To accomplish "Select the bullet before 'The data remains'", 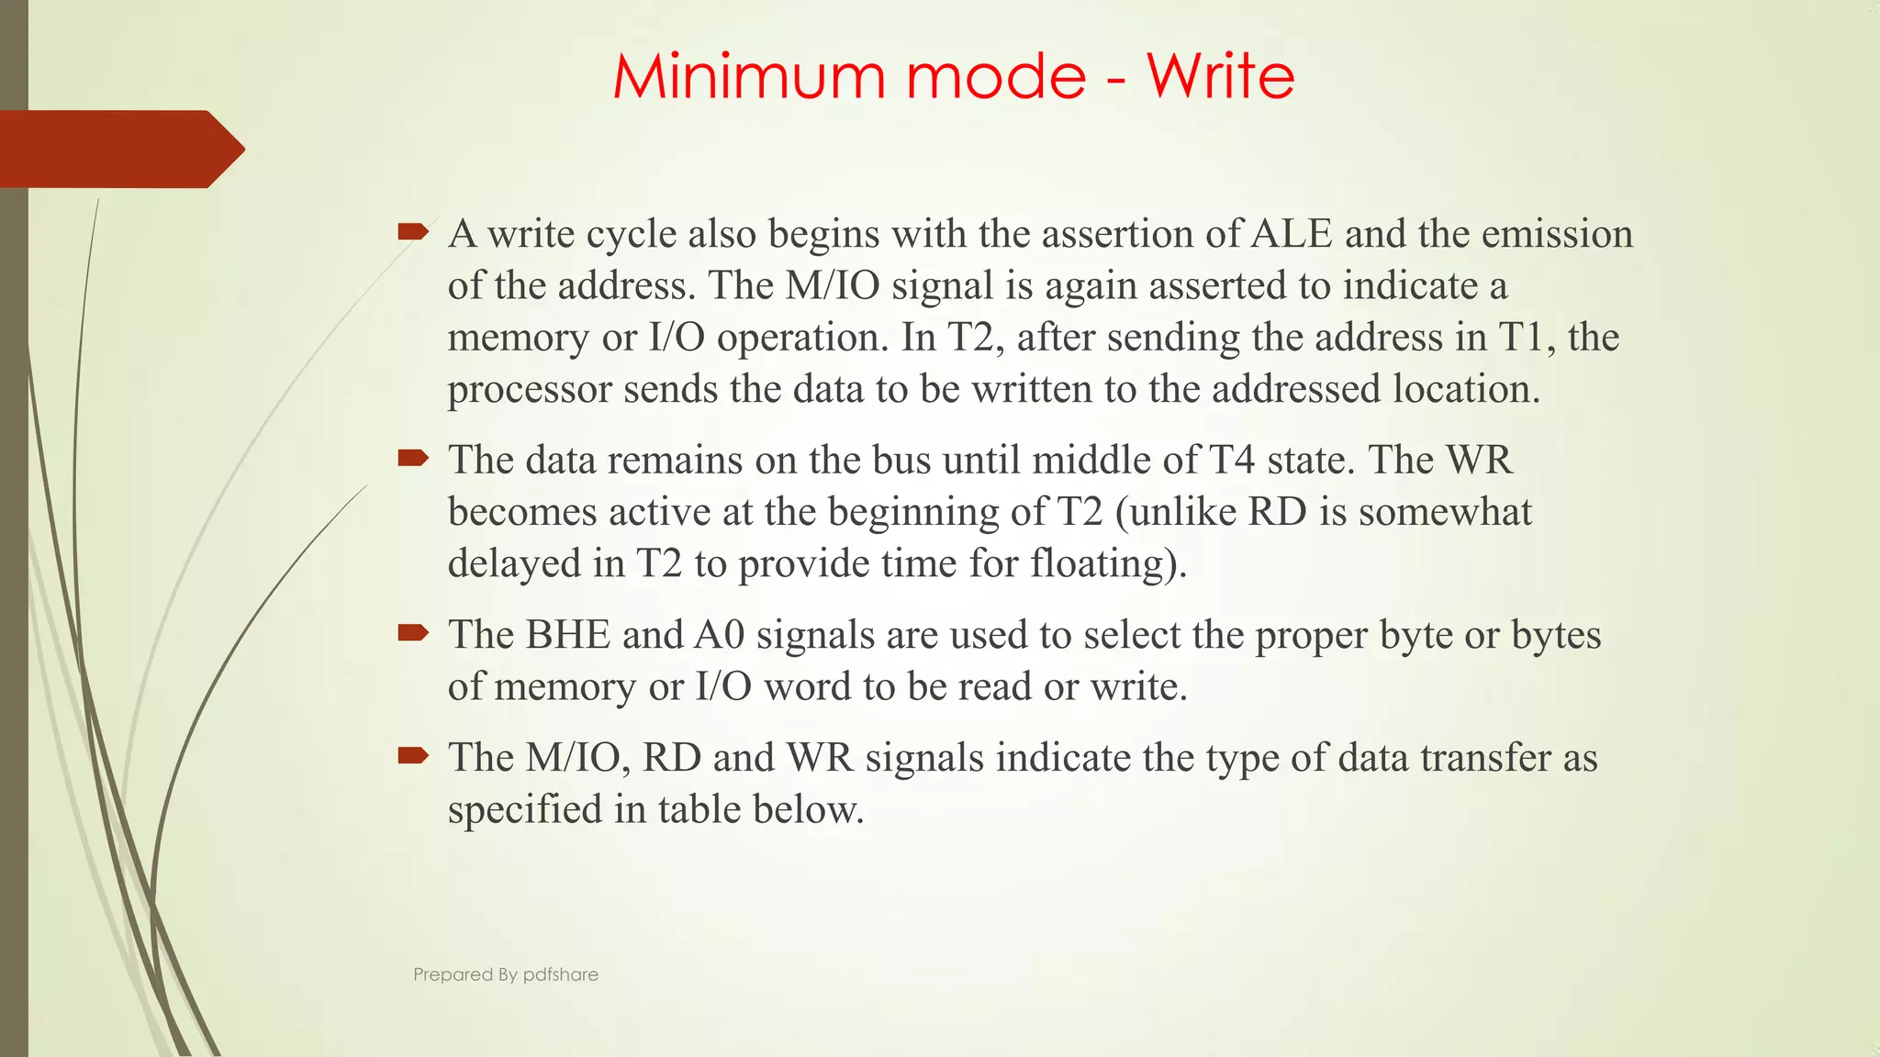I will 413,457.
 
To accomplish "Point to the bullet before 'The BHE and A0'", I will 413,632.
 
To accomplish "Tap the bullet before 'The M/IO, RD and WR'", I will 413,755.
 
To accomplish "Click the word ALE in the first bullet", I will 1292,234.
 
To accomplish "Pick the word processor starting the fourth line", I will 530,390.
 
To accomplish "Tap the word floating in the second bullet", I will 1097,563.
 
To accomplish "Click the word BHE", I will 567,635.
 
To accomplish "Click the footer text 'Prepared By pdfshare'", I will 505,974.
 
